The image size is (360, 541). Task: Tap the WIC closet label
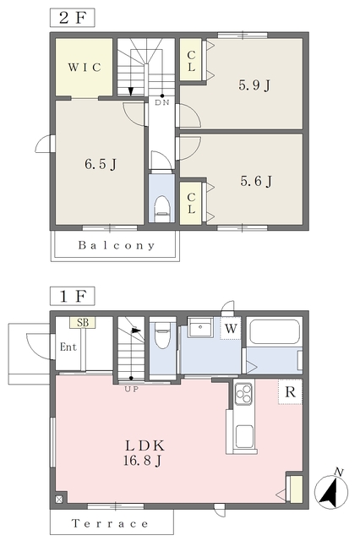click(x=85, y=68)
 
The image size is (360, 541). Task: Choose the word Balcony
click(x=117, y=246)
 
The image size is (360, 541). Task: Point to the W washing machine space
click(x=230, y=327)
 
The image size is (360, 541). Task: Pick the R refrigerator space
click(x=290, y=391)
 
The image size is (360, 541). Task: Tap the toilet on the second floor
click(x=161, y=205)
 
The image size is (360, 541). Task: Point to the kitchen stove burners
click(x=243, y=393)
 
